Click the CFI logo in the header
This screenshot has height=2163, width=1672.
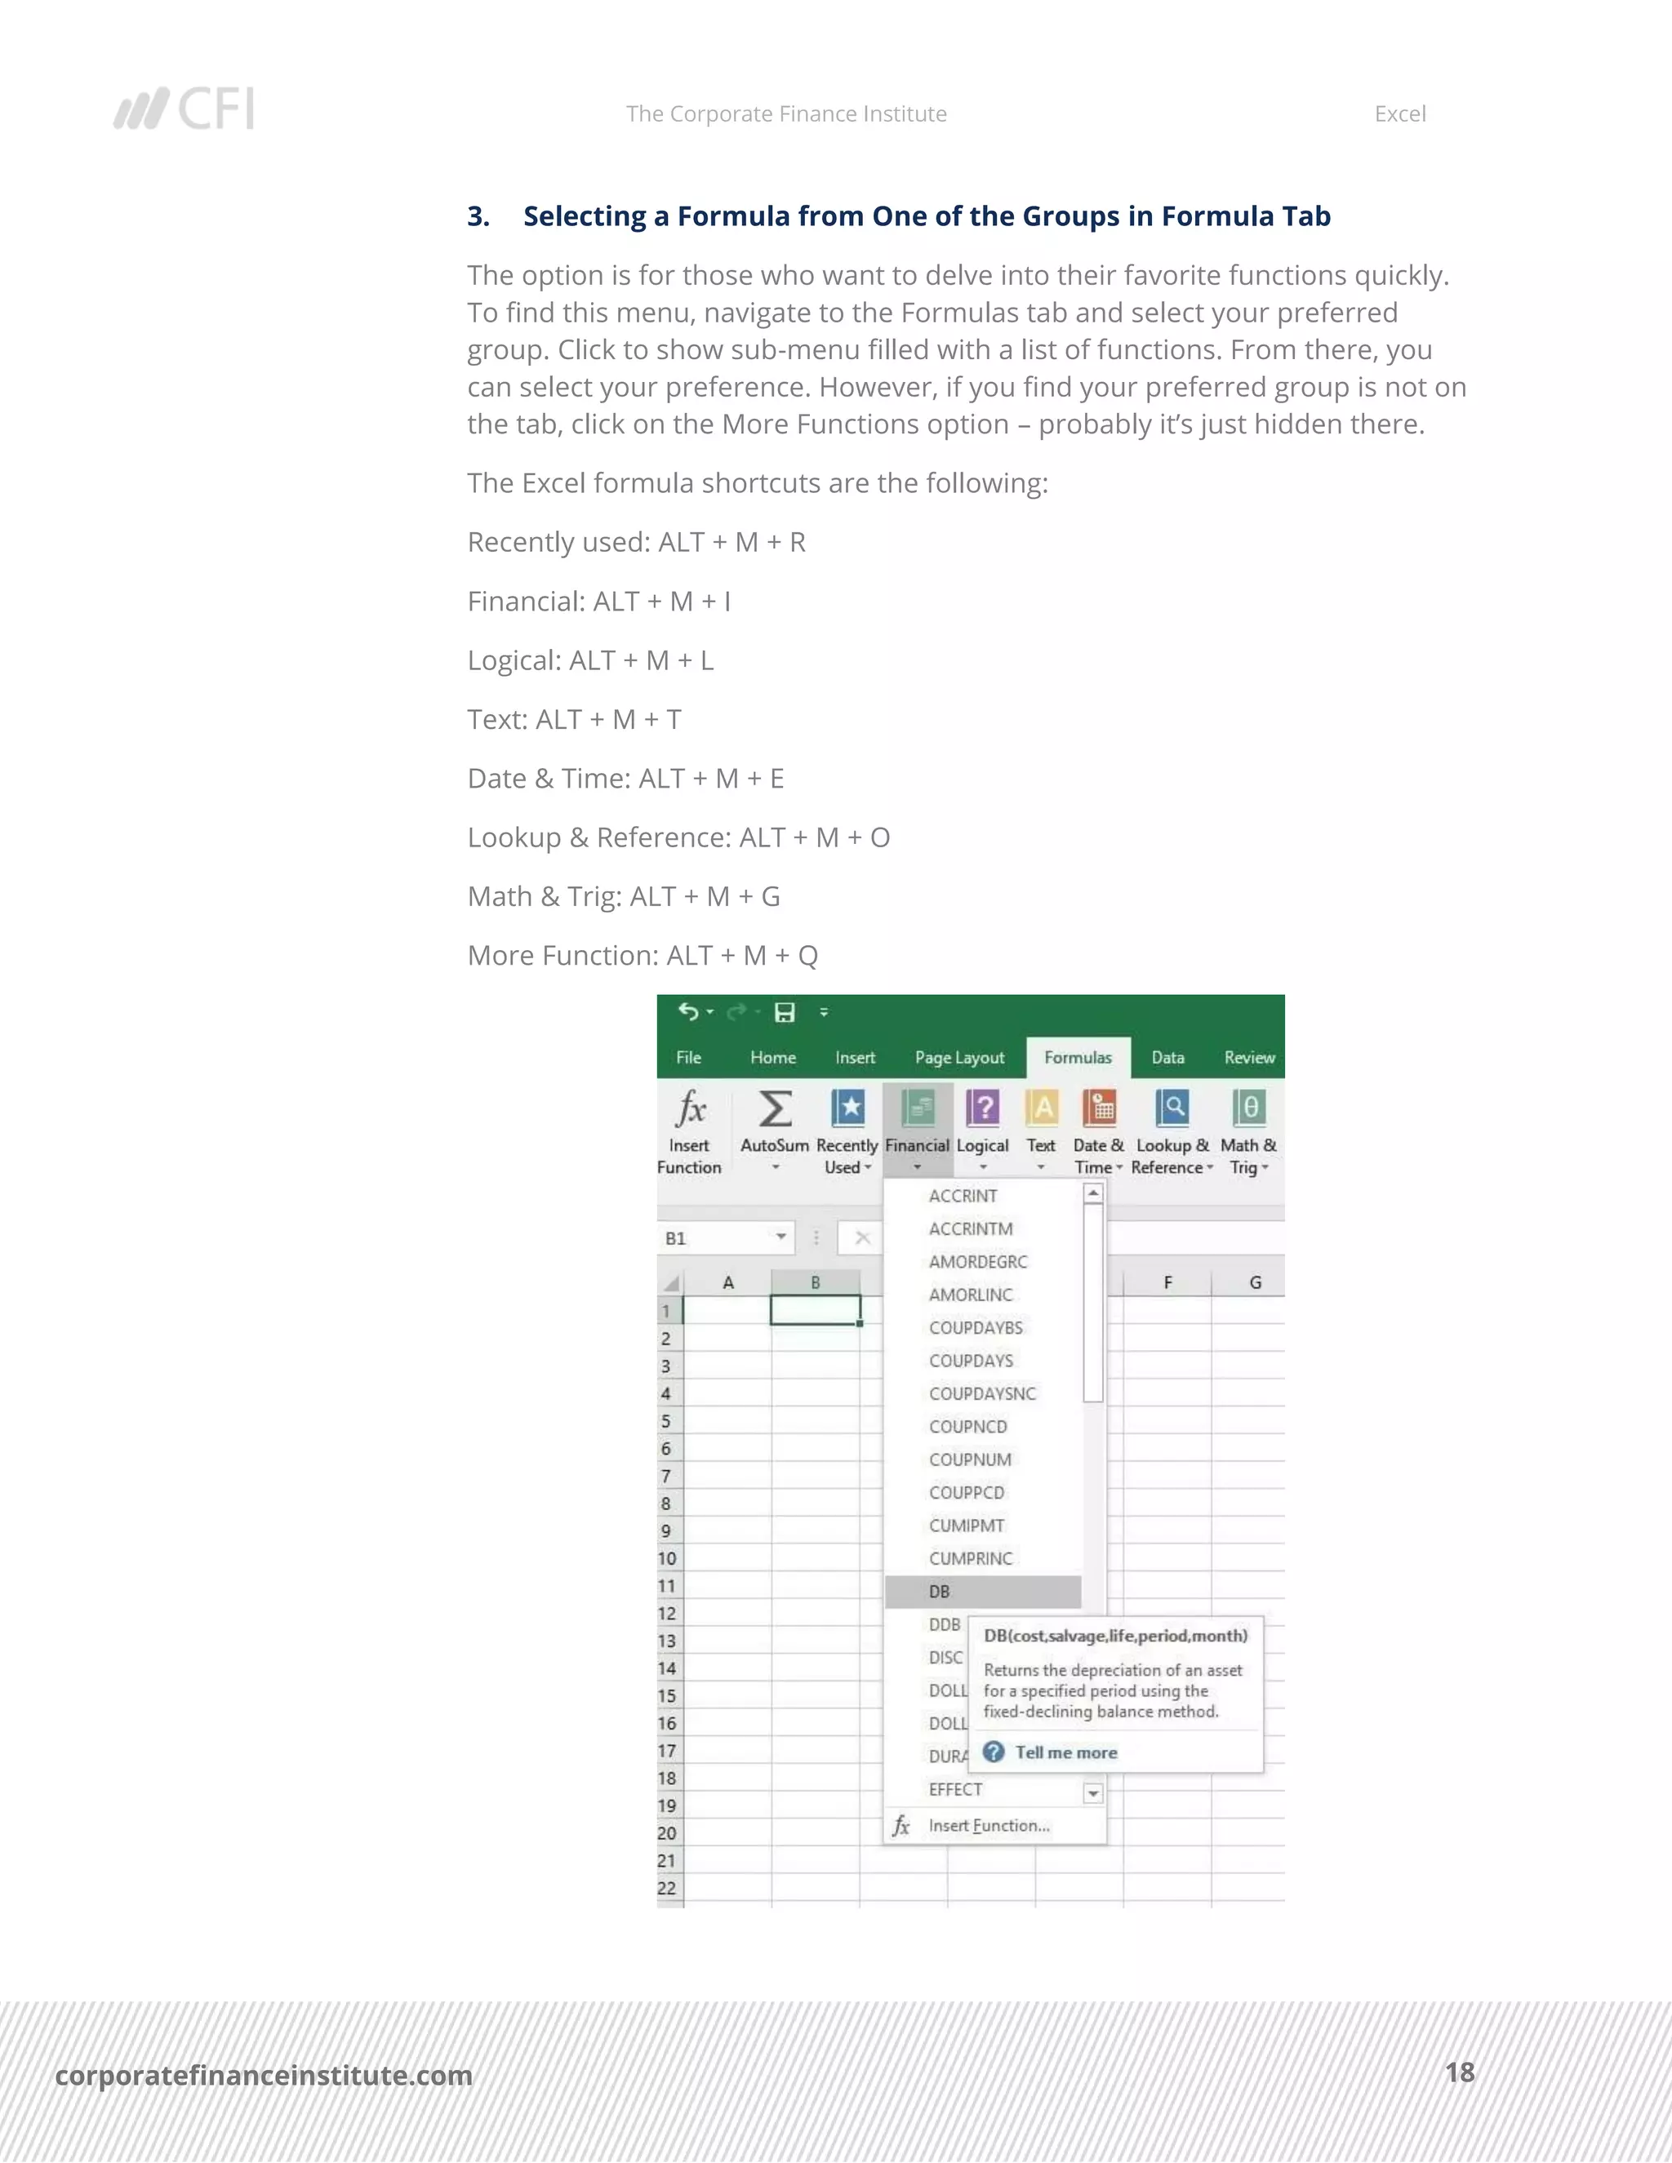coord(185,109)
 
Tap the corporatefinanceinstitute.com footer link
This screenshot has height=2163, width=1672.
coord(264,2075)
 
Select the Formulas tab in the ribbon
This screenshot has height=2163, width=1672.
coord(1078,1058)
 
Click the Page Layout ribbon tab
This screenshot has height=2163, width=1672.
coord(958,1058)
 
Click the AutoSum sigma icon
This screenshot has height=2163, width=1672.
coord(775,1109)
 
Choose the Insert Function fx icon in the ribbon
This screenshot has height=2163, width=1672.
coord(691,1109)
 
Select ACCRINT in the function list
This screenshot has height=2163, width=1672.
coord(963,1197)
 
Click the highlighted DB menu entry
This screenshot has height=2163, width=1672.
coord(940,1592)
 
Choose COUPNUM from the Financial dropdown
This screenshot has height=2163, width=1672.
coord(970,1460)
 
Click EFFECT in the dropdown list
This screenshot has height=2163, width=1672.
coord(955,1790)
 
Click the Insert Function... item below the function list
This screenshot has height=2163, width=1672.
coord(989,1825)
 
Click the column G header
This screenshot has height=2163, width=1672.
coord(1255,1282)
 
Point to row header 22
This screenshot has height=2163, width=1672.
coord(668,1888)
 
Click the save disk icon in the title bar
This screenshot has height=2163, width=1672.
coord(785,1012)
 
